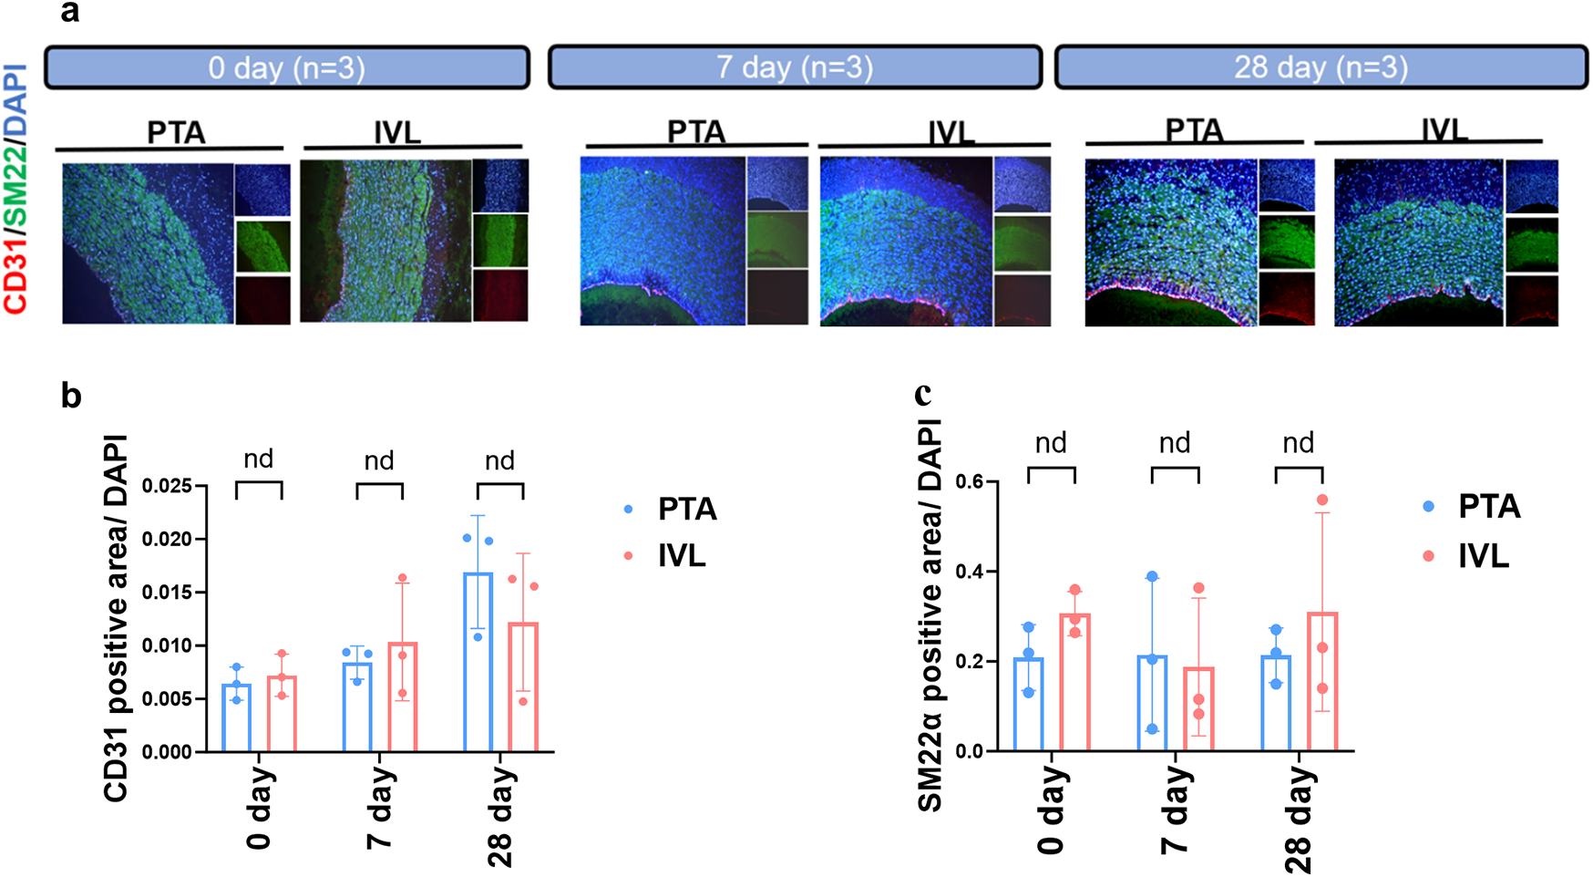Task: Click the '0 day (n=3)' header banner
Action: pyautogui.click(x=286, y=68)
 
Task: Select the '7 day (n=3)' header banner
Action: pyautogui.click(x=794, y=67)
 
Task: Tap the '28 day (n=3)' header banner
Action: pyautogui.click(x=1321, y=67)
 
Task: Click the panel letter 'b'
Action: pyautogui.click(x=71, y=396)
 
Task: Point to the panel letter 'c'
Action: pyautogui.click(x=922, y=393)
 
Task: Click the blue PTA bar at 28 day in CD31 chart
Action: pyautogui.click(x=478, y=663)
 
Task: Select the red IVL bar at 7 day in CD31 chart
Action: pyautogui.click(x=402, y=697)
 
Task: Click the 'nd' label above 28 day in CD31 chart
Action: pyautogui.click(x=499, y=460)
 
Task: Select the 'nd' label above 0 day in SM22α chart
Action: pyautogui.click(x=1051, y=443)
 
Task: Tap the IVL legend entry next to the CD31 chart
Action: pyautogui.click(x=681, y=555)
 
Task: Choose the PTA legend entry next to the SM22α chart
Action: pyautogui.click(x=1488, y=506)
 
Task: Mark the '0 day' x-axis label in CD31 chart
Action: pyautogui.click(x=259, y=807)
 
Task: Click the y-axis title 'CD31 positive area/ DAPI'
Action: pyautogui.click(x=116, y=619)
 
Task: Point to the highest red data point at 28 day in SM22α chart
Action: pyautogui.click(x=1322, y=500)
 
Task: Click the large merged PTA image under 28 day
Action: pyautogui.click(x=1171, y=242)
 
